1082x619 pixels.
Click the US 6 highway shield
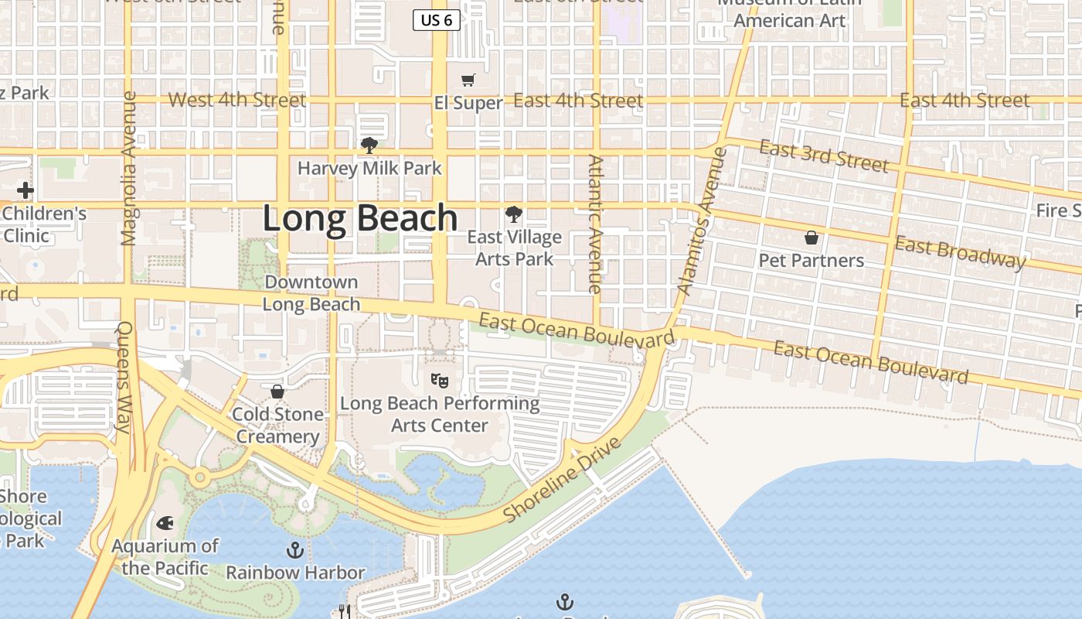tap(437, 20)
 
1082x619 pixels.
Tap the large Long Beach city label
tap(360, 218)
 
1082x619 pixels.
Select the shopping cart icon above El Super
tap(468, 80)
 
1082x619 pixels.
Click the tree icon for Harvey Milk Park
tap(369, 145)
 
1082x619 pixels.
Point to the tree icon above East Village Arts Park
tap(513, 214)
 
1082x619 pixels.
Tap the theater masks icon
tap(439, 380)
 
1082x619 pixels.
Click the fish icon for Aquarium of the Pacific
tap(165, 523)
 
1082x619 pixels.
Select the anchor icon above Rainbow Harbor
tap(294, 550)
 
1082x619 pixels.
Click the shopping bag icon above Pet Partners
tap(811, 237)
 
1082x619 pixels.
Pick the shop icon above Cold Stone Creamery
tap(277, 392)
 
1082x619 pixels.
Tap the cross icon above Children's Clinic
tap(26, 190)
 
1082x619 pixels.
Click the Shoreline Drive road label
tap(562, 479)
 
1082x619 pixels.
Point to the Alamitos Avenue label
tap(699, 221)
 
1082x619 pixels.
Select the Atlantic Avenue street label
tap(594, 224)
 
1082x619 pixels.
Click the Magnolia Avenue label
tap(129, 169)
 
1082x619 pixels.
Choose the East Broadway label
tap(960, 253)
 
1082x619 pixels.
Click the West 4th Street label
tap(236, 100)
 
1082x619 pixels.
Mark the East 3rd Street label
tap(824, 156)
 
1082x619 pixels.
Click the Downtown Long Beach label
tap(311, 293)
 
